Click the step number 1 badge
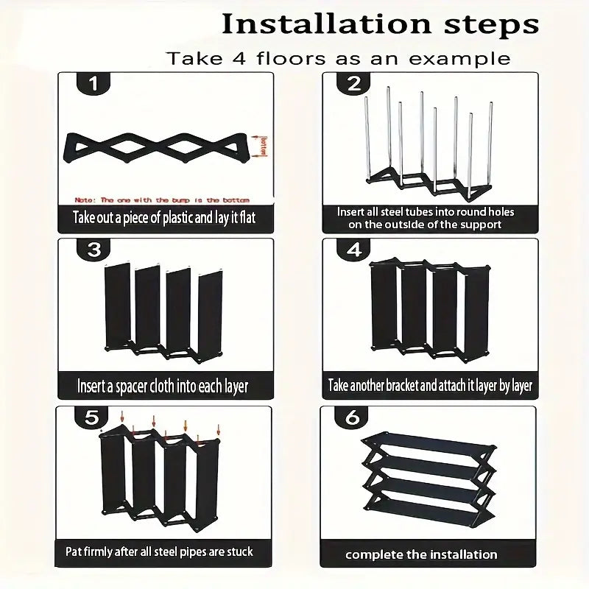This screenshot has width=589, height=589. coord(93,83)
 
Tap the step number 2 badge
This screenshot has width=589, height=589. coord(354,83)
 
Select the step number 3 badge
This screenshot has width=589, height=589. coord(94,250)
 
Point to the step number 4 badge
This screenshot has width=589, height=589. coord(354,250)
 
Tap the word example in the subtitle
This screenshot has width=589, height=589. coord(463,57)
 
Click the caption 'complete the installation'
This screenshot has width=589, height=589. coord(421,554)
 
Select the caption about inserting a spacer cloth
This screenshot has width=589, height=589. coord(163,386)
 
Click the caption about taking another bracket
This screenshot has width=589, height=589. coord(430,385)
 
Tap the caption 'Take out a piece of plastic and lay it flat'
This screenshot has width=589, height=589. coord(163,218)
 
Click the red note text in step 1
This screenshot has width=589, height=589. coord(163,200)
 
